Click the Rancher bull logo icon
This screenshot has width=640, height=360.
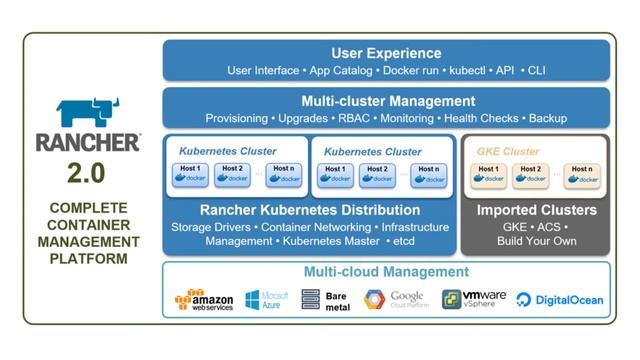(x=87, y=112)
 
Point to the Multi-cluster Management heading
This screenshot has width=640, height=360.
(x=387, y=101)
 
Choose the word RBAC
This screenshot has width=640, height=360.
(x=353, y=118)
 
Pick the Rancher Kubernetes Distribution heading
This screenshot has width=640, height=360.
(x=309, y=210)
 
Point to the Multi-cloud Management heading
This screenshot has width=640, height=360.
(x=386, y=272)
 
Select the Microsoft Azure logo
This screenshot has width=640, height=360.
(x=267, y=299)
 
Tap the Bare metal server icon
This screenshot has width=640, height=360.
(x=311, y=299)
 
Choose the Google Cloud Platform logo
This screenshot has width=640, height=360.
(x=396, y=299)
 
